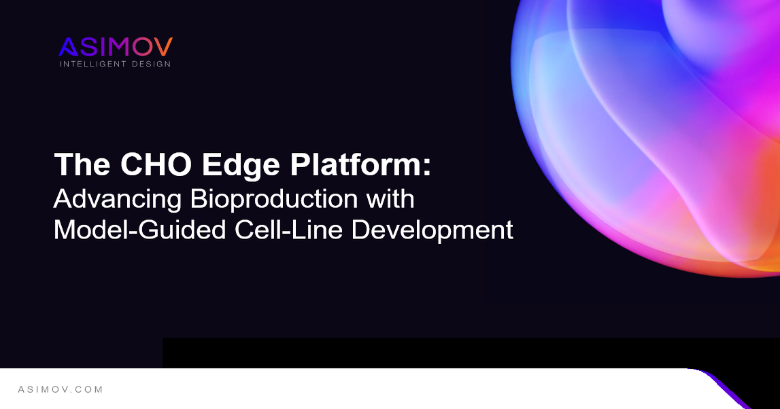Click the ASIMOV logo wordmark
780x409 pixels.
pos(116,47)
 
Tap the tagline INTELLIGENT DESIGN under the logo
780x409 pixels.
pos(116,64)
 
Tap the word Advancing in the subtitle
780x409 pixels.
pos(117,199)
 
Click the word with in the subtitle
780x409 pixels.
pos(390,198)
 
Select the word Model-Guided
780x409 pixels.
pos(140,230)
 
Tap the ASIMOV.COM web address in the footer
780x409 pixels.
pos(61,389)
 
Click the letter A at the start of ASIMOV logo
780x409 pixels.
pos(68,47)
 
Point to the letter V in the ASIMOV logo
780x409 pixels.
pos(163,47)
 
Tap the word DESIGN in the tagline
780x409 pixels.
pos(154,64)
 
